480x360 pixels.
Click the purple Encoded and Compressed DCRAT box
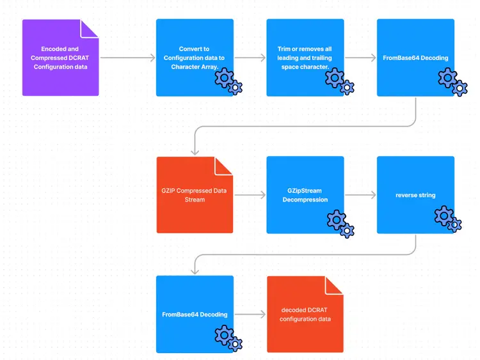click(60, 58)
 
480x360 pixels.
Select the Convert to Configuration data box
click(195, 58)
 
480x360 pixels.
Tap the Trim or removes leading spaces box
click(305, 58)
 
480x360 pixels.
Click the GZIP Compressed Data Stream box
click(195, 195)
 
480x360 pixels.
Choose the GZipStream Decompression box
click(305, 195)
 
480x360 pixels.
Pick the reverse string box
click(415, 195)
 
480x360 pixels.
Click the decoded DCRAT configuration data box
click(305, 314)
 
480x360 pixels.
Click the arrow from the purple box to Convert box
click(128, 58)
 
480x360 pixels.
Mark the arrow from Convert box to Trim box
click(250, 58)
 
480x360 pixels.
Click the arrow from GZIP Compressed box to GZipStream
click(250, 195)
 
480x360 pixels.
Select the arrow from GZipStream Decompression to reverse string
click(360, 195)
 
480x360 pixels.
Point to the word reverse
click(406, 195)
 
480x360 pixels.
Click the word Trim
click(284, 49)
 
